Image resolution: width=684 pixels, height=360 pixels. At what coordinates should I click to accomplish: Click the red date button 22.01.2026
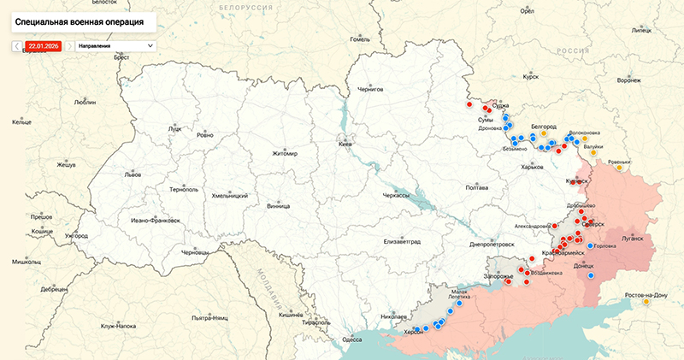coord(44,44)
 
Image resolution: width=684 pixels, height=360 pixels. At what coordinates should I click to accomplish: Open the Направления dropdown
coord(115,44)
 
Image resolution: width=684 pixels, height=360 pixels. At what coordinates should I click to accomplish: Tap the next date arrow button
coord(69,44)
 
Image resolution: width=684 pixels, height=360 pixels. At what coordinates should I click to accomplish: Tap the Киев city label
coord(345,145)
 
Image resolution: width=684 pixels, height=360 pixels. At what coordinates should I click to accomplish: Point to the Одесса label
coord(351,339)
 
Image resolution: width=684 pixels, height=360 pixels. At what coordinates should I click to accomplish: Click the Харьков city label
coord(532,167)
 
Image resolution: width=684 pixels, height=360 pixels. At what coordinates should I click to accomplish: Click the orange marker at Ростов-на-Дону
coord(645,301)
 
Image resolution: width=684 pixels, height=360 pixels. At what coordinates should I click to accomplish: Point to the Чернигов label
coord(370,89)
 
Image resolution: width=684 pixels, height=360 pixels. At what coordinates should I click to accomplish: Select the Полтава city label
coord(476,187)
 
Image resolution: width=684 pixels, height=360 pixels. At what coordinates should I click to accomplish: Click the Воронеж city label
coord(628,81)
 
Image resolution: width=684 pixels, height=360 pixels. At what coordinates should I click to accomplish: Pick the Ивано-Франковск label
coord(155,220)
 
